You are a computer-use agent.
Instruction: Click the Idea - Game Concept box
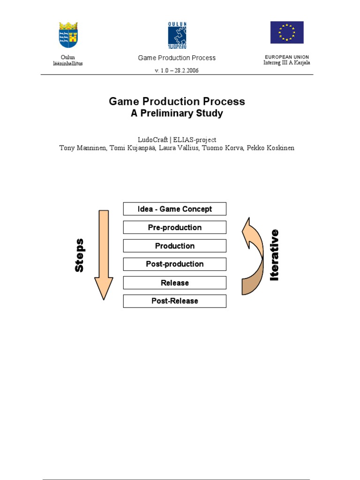(174, 209)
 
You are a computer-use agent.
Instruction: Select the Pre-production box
(174, 227)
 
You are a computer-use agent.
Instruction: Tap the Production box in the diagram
(174, 246)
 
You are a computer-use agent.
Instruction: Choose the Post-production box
(174, 264)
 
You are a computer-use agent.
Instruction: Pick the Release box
(174, 283)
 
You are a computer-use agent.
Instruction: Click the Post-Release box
(174, 301)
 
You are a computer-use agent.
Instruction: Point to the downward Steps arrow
(104, 253)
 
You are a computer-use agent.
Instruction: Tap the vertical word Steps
(80, 255)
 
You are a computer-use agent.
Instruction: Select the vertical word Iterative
(275, 255)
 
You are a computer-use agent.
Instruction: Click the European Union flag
(286, 32)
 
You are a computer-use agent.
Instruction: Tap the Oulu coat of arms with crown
(68, 34)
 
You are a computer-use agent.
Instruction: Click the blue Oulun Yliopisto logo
(177, 35)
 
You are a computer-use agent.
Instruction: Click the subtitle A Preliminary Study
(177, 113)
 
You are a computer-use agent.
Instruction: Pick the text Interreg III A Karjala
(286, 63)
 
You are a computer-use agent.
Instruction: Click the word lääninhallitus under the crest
(68, 63)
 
